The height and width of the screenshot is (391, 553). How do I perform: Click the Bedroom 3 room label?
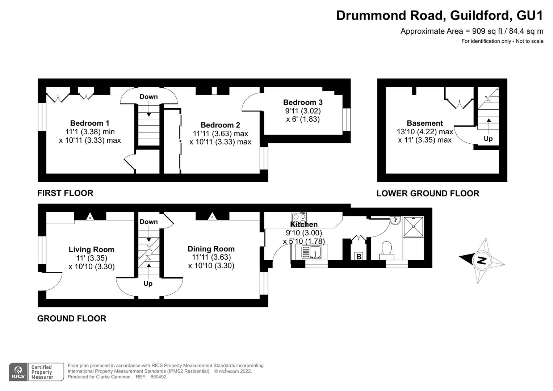point(303,102)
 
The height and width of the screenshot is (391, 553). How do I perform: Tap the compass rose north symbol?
point(482,260)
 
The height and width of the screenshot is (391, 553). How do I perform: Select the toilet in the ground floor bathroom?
point(386,249)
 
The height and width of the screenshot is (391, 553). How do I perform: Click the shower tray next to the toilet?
point(413,227)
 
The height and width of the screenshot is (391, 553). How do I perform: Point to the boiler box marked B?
point(359,256)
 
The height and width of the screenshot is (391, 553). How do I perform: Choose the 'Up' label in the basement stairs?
point(488,139)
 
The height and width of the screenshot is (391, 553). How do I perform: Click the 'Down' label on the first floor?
point(148,97)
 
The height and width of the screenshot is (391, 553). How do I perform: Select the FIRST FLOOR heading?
point(65,193)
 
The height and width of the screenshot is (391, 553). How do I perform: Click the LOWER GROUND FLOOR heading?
point(428,193)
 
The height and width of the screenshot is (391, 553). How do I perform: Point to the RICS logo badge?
point(18,372)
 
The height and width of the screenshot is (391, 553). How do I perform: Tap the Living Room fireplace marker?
point(90,216)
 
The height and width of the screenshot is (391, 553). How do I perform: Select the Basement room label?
point(425,123)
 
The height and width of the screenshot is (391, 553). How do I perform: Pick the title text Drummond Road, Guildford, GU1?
point(440,16)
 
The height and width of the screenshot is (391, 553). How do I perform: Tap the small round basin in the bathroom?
point(395,220)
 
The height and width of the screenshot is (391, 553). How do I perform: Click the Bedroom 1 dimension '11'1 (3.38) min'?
point(90,132)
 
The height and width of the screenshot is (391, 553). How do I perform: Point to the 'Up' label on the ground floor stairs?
point(148,283)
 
